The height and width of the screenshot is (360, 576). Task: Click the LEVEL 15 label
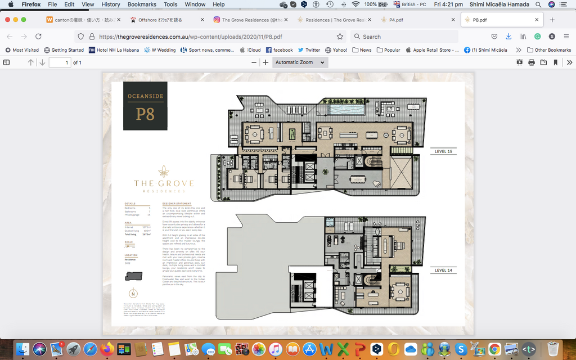(444, 152)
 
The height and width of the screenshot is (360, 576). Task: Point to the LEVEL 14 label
(444, 271)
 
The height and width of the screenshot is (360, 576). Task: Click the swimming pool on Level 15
(344, 107)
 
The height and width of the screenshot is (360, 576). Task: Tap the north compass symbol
(133, 293)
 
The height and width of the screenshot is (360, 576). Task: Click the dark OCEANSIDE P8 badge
(145, 106)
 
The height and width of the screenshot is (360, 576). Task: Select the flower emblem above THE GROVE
(164, 172)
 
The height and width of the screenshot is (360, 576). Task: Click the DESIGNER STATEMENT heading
(176, 204)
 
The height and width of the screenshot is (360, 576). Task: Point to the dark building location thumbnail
(134, 276)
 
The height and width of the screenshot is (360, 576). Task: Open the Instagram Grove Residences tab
(247, 20)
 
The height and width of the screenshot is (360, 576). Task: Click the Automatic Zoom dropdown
(300, 62)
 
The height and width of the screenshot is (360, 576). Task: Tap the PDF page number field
(60, 62)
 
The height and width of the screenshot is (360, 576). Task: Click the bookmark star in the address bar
(340, 37)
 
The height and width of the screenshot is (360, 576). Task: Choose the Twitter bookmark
(309, 50)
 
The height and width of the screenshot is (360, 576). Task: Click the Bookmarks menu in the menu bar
(142, 4)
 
